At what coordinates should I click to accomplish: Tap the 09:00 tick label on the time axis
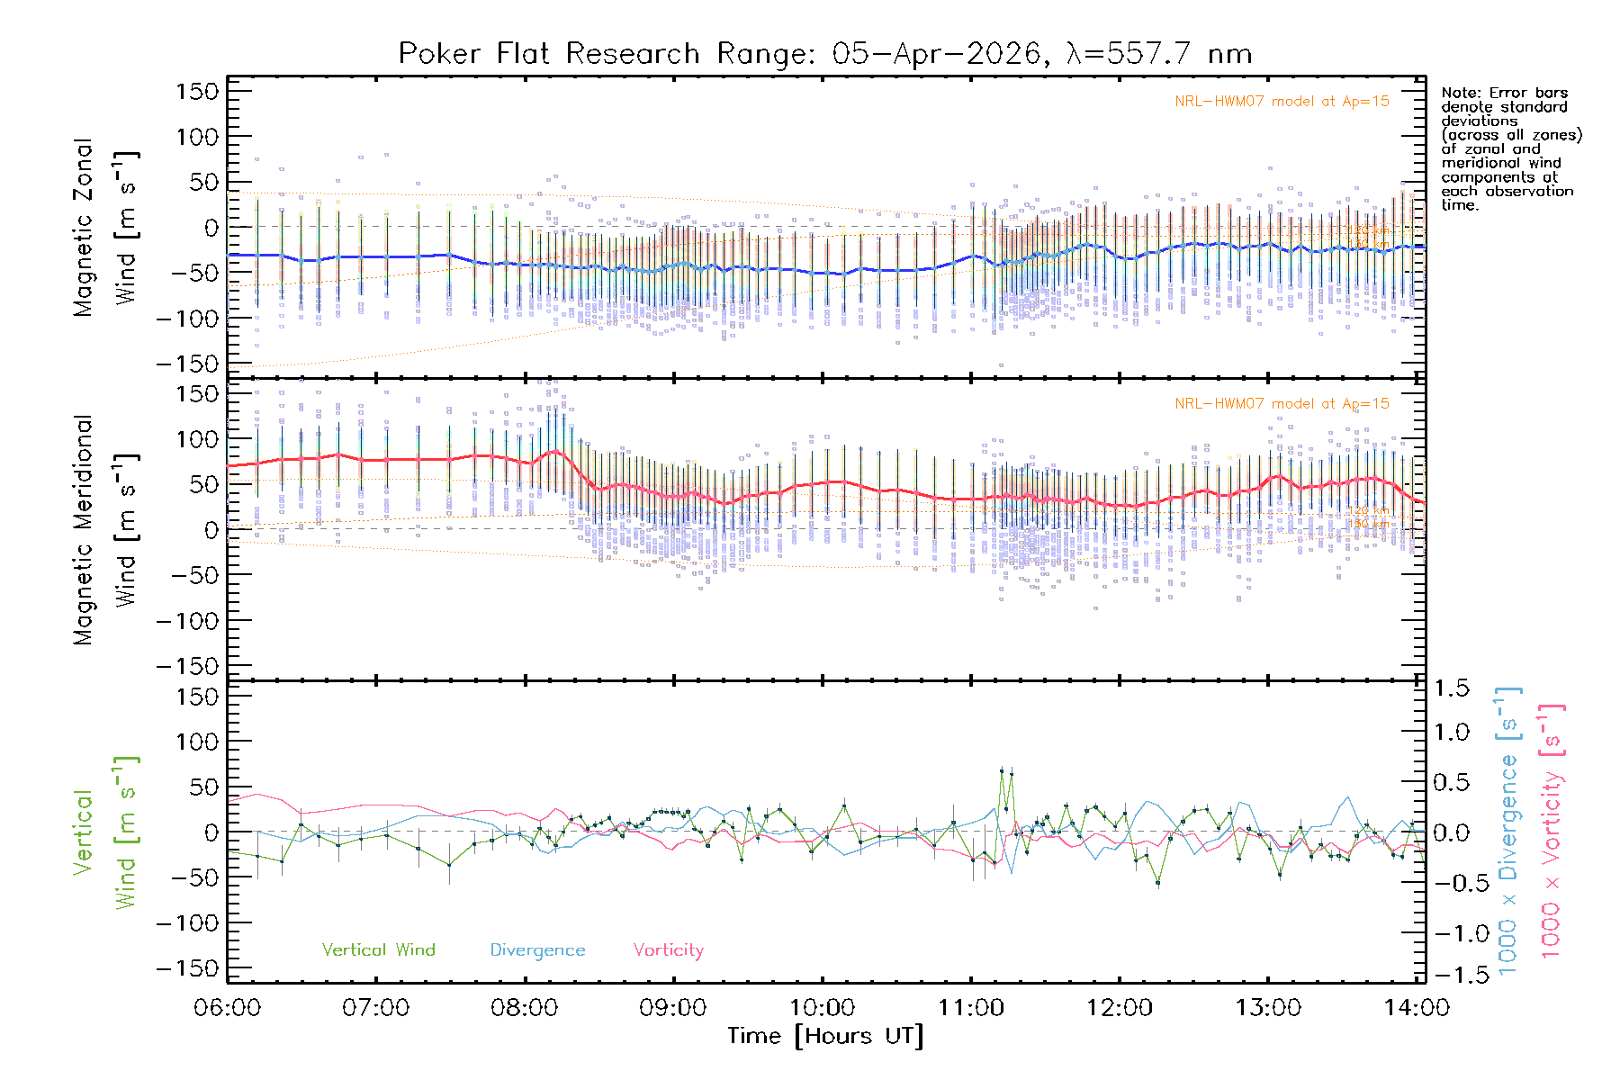pyautogui.click(x=672, y=1008)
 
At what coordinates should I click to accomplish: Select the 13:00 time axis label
pyautogui.click(x=1267, y=1008)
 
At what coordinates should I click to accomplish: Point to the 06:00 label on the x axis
pyautogui.click(x=228, y=1008)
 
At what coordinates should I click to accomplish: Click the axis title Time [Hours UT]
pyautogui.click(x=825, y=1037)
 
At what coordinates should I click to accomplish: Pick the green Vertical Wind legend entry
pyautogui.click(x=378, y=950)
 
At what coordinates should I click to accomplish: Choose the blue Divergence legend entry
pyautogui.click(x=537, y=950)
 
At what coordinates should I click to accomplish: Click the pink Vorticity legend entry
pyautogui.click(x=668, y=950)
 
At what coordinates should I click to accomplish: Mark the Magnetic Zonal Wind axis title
pyautogui.click(x=105, y=228)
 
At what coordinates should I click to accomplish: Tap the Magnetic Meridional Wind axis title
pyautogui.click(x=105, y=530)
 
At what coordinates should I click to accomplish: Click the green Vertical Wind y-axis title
pyautogui.click(x=105, y=832)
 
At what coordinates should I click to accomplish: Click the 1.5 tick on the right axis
pyautogui.click(x=1451, y=688)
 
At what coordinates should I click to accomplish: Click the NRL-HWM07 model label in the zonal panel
pyautogui.click(x=1282, y=102)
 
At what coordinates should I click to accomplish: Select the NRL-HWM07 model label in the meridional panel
pyautogui.click(x=1282, y=404)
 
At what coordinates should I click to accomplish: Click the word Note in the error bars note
pyautogui.click(x=1460, y=93)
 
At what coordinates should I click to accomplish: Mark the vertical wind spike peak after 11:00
pyautogui.click(x=1002, y=771)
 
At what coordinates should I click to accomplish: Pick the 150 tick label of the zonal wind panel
pyautogui.click(x=197, y=92)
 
